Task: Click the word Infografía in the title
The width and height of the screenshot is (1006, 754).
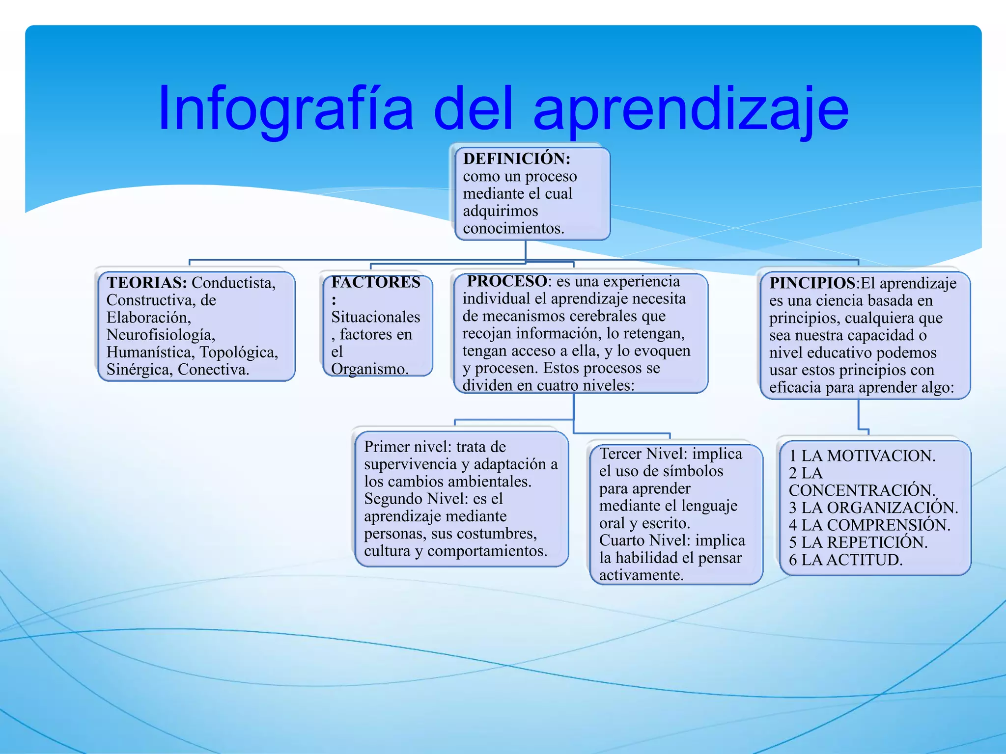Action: pyautogui.click(x=285, y=109)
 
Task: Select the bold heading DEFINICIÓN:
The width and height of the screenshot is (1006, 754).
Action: pyautogui.click(x=516, y=159)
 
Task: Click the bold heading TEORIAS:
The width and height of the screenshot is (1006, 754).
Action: pyautogui.click(x=147, y=283)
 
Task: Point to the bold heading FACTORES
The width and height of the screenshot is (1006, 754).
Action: pyautogui.click(x=376, y=282)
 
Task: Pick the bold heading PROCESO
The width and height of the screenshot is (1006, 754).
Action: pyautogui.click(x=507, y=281)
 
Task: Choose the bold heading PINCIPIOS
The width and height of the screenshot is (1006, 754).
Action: pyautogui.click(x=812, y=283)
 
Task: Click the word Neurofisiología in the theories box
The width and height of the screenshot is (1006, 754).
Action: pyautogui.click(x=161, y=335)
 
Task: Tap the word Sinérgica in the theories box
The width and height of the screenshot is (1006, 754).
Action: pyautogui.click(x=139, y=370)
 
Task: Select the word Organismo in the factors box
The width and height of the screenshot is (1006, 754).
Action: pyautogui.click(x=369, y=369)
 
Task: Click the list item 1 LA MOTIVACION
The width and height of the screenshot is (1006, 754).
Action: pyautogui.click(x=862, y=456)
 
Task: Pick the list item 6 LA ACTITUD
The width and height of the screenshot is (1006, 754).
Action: pyautogui.click(x=845, y=560)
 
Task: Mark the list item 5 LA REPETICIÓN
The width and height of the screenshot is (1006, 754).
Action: pyautogui.click(x=858, y=542)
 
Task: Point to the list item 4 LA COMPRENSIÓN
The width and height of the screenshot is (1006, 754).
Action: pyautogui.click(x=869, y=525)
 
